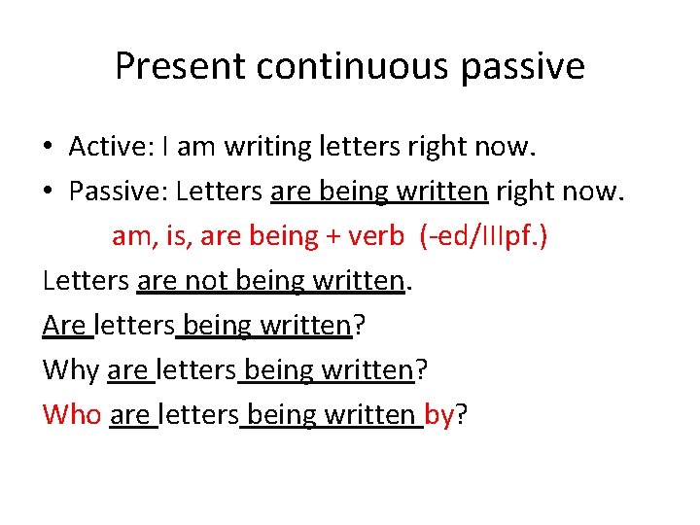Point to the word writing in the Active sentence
(x=263, y=148)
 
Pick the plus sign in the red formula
(x=334, y=236)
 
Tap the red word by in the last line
(x=439, y=415)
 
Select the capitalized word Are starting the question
(x=67, y=325)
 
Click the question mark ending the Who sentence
(x=462, y=414)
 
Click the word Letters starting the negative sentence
(x=87, y=281)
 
